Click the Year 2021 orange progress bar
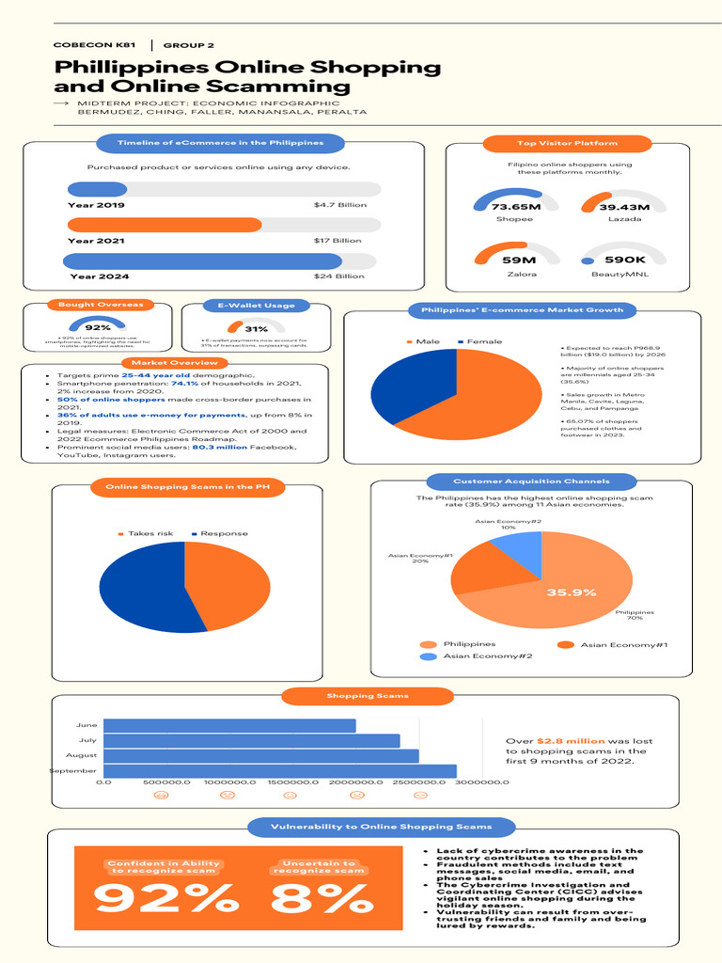point(165,225)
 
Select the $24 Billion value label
point(339,276)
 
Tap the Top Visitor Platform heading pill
point(567,143)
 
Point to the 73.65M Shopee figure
point(515,207)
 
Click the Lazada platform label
point(624,219)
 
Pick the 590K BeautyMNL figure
point(624,260)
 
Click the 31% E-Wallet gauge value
point(256,329)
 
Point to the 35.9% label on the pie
point(572,592)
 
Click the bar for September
point(279,771)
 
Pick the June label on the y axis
point(86,725)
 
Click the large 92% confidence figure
point(165,900)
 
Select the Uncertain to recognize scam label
point(318,867)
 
